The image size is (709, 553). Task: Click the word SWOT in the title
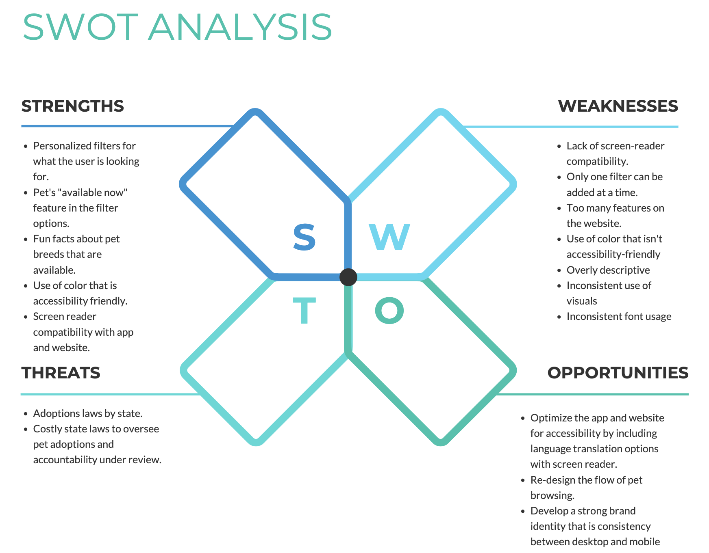[x=80, y=27]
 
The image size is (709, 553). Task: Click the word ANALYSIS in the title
[x=240, y=27]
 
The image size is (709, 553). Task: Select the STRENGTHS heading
[x=72, y=106]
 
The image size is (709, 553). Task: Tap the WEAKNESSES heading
[x=618, y=106]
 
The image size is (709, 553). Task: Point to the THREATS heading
[x=61, y=373]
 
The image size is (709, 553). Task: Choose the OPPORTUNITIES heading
[x=618, y=373]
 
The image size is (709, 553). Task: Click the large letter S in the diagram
[x=304, y=237]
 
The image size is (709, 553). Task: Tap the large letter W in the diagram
[x=389, y=237]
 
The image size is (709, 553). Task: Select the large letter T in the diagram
[x=304, y=311]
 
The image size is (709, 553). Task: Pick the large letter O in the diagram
[x=389, y=311]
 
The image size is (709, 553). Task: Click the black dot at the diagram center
[x=348, y=277]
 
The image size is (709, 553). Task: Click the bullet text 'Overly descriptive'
[x=608, y=270]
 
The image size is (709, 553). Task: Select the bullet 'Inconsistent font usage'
[x=619, y=316]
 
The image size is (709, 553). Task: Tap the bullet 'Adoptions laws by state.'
[x=88, y=413]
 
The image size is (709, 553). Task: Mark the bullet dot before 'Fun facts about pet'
[x=26, y=240]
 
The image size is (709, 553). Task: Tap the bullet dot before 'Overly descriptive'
[x=559, y=271]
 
